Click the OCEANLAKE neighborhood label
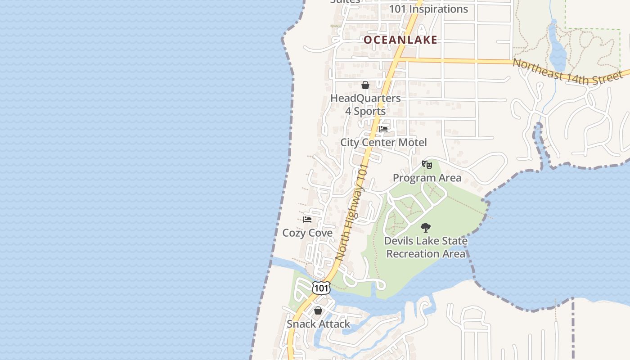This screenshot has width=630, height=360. click(400, 40)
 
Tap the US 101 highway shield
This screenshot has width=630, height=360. click(321, 288)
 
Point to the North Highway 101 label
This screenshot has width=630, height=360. click(352, 211)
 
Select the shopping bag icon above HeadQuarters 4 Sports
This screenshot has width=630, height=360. click(365, 85)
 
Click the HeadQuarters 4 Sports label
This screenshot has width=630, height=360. click(365, 104)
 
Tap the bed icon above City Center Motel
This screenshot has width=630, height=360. click(383, 129)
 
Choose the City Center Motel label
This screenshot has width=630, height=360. click(383, 142)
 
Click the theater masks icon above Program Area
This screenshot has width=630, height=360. click(427, 165)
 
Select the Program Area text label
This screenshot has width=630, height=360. click(427, 178)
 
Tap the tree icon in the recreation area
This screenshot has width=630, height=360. click(425, 228)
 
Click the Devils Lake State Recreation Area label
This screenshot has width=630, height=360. click(426, 247)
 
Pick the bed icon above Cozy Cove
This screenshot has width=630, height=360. click(307, 220)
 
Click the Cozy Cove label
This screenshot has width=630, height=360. click(307, 233)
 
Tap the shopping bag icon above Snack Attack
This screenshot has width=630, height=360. click(318, 310)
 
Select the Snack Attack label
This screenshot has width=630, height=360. click(318, 324)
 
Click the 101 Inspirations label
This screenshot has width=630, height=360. click(428, 9)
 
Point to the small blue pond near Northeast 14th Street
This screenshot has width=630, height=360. click(557, 49)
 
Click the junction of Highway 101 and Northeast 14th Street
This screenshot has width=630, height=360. click(398, 59)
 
